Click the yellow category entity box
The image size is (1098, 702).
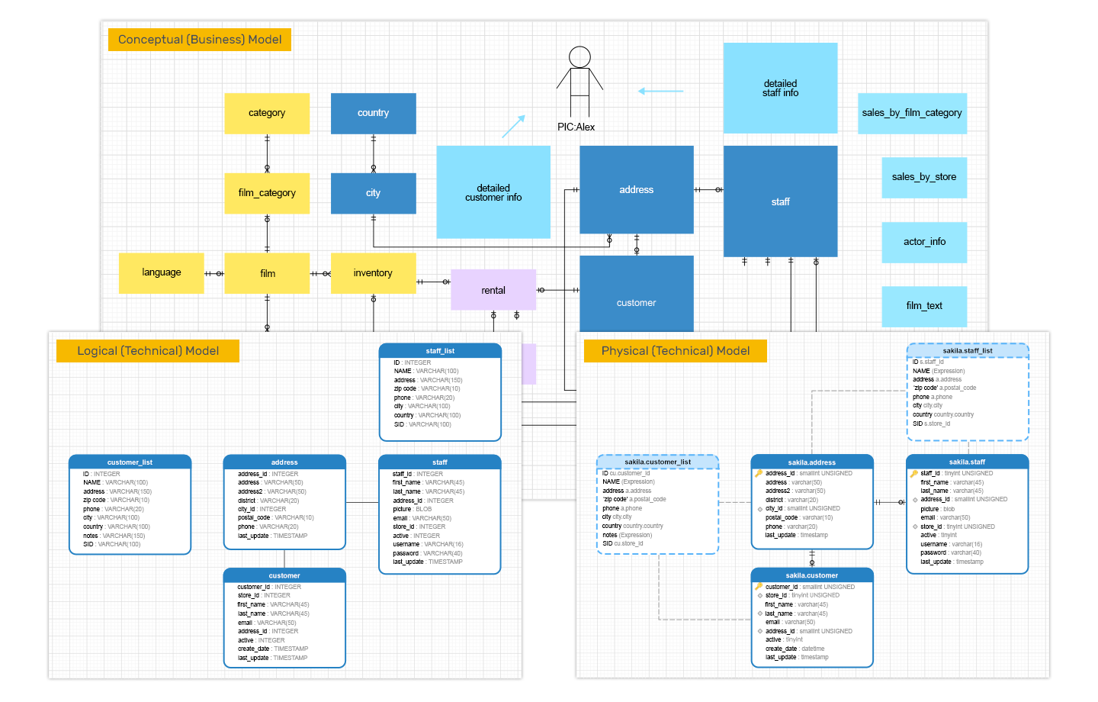[267, 113]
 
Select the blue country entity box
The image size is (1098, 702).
[373, 113]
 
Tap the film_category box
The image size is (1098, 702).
[267, 193]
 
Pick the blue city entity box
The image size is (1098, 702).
[373, 193]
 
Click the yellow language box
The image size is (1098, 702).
[162, 272]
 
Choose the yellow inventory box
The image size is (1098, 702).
[373, 272]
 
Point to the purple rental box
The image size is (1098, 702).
[493, 290]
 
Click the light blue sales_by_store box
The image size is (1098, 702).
[924, 177]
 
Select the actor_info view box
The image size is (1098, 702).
[924, 242]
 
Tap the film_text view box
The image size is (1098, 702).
[924, 306]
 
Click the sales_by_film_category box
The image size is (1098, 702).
[912, 113]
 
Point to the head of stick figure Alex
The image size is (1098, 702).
[579, 57]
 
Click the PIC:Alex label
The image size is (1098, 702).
[576, 127]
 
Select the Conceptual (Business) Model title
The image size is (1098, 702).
[200, 40]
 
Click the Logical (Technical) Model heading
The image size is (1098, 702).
[148, 351]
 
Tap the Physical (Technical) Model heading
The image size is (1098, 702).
[676, 351]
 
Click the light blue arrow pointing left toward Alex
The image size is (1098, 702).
[660, 91]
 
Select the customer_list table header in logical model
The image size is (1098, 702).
[130, 462]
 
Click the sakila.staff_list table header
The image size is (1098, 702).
[968, 351]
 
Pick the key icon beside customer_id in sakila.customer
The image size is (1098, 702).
[759, 587]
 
